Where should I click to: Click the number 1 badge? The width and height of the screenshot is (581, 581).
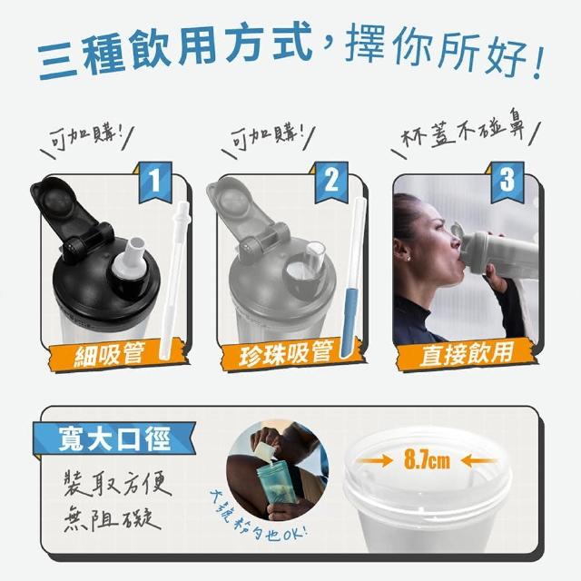pyautogui.click(x=155, y=182)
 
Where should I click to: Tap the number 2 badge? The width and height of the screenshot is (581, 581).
pyautogui.click(x=330, y=182)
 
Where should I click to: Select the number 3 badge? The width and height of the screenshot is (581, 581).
pyautogui.click(x=507, y=182)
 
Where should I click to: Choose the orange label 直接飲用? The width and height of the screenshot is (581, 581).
pyautogui.click(x=466, y=354)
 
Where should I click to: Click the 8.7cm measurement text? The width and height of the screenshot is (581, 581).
pyautogui.click(x=427, y=460)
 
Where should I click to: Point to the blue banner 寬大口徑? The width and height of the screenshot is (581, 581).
pyautogui.click(x=114, y=438)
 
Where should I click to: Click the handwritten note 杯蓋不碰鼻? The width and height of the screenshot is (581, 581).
pyautogui.click(x=463, y=130)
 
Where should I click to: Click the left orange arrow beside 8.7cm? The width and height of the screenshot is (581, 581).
pyautogui.click(x=375, y=461)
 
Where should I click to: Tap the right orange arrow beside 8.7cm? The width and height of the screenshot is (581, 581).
pyautogui.click(x=478, y=461)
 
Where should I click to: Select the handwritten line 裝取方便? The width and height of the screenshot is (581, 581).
pyautogui.click(x=118, y=483)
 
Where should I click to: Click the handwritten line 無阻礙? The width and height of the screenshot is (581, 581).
pyautogui.click(x=113, y=517)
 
